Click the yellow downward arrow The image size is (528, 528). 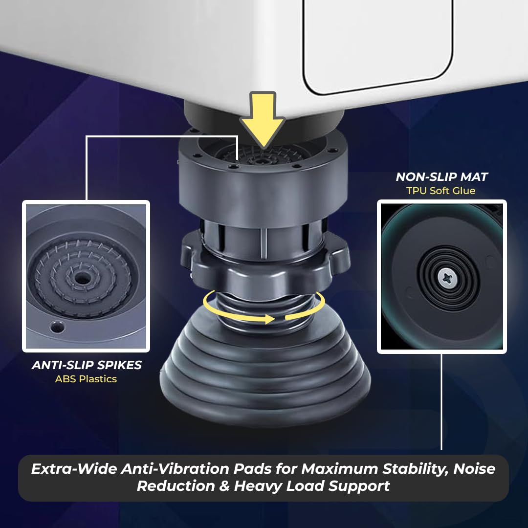(263, 120)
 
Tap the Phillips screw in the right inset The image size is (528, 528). (447, 278)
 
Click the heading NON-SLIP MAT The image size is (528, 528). (442, 177)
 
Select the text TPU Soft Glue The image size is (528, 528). (441, 191)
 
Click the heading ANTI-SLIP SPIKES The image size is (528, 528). (87, 365)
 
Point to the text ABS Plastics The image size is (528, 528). (86, 379)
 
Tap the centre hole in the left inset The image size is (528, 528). (81, 278)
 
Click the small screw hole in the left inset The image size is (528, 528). (57, 326)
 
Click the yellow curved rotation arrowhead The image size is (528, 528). (269, 319)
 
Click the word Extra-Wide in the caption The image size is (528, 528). (74, 469)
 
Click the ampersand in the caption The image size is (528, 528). (224, 486)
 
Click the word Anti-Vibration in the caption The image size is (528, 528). (175, 469)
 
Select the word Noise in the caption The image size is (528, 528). (474, 469)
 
